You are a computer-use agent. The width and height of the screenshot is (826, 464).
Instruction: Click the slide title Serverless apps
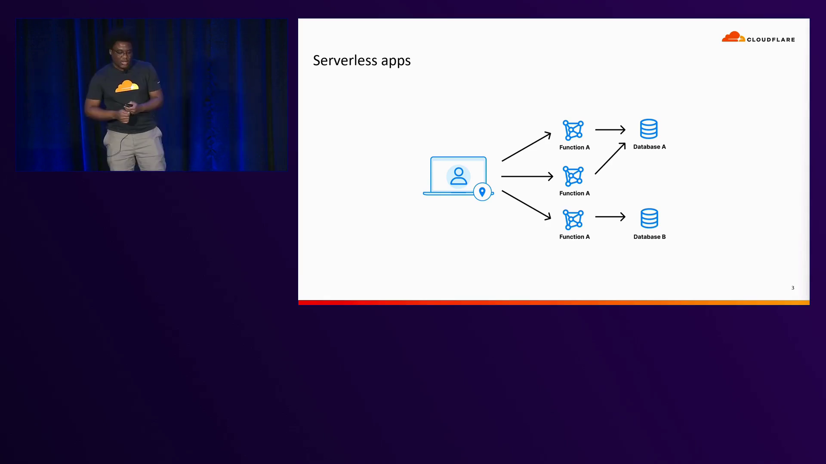point(361,61)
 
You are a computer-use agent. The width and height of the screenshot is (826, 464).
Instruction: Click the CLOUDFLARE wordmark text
point(771,40)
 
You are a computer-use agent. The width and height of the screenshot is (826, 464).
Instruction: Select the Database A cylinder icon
point(649,129)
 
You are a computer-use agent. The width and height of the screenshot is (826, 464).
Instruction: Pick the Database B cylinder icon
point(649,218)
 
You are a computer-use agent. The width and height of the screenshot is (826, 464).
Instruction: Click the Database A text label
point(649,147)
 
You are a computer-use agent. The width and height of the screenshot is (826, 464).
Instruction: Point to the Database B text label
point(649,237)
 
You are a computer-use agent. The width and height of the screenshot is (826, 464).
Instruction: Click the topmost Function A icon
point(573,130)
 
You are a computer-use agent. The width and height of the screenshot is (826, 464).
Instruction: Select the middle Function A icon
point(573,176)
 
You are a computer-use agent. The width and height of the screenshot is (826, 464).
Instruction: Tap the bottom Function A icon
point(573,220)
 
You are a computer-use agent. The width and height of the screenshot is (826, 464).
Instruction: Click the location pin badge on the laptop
point(482,192)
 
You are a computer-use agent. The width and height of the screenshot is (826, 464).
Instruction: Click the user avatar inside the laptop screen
point(458,176)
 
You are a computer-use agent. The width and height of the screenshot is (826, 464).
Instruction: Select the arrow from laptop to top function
point(526,147)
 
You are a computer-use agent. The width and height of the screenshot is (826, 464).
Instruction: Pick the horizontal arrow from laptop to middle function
point(527,176)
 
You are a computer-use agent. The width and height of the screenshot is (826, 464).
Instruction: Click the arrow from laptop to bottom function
point(526,205)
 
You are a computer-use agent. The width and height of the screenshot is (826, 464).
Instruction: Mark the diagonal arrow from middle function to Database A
point(610,159)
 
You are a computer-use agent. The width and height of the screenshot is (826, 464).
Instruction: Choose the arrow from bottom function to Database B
point(610,217)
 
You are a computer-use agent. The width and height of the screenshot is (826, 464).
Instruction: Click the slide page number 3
point(792,288)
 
